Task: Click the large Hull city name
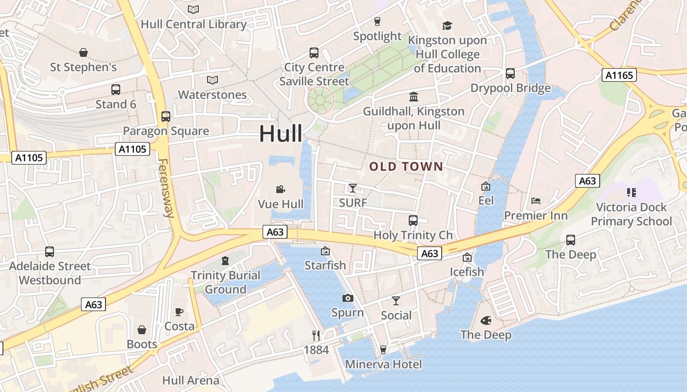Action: [x=281, y=133]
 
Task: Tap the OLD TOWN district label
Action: [x=406, y=167]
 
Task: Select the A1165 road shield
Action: [x=619, y=75]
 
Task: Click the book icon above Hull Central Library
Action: [x=194, y=9]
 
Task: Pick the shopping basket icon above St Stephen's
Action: [x=83, y=52]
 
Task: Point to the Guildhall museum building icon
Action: [x=414, y=97]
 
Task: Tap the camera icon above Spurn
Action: [x=347, y=298]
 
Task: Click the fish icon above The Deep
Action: [x=486, y=320]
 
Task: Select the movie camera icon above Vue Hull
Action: [x=280, y=189]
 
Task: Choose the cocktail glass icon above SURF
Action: [x=352, y=188]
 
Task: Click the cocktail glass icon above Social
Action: [x=396, y=301]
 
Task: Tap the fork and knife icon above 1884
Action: [x=316, y=335]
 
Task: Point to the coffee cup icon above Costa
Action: [x=179, y=312]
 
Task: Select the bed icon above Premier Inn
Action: [x=536, y=201]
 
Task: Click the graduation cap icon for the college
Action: [x=447, y=25]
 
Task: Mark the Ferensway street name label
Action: [x=166, y=188]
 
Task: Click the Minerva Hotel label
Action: [x=383, y=364]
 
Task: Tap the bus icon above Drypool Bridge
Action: [x=510, y=73]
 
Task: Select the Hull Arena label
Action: [x=191, y=380]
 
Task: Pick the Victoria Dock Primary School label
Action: [x=631, y=214]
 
